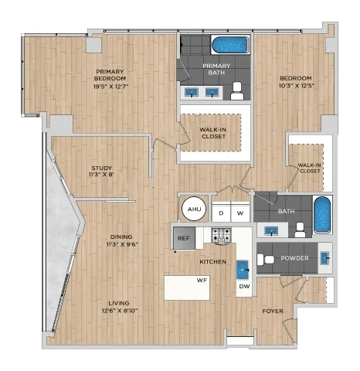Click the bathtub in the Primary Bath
pyautogui.click(x=230, y=45)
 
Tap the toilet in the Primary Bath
pyautogui.click(x=237, y=91)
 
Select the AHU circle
pyautogui.click(x=195, y=209)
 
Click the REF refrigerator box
pyautogui.click(x=184, y=238)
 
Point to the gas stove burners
pyautogui.click(x=221, y=235)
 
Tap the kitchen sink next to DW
pyautogui.click(x=243, y=270)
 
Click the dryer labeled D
pyautogui.click(x=221, y=213)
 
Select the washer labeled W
pyautogui.click(x=240, y=213)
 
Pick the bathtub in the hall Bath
pyautogui.click(x=322, y=215)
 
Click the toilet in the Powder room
pyautogui.click(x=266, y=259)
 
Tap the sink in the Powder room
pyautogui.click(x=325, y=258)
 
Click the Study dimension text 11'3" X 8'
pyautogui.click(x=101, y=175)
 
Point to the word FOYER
pyautogui.click(x=273, y=311)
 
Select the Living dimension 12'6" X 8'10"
pyautogui.click(x=120, y=311)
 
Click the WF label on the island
pyautogui.click(x=202, y=280)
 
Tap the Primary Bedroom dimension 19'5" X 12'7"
pyautogui.click(x=110, y=87)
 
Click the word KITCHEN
pyautogui.click(x=213, y=262)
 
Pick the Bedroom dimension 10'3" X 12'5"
pyautogui.click(x=296, y=86)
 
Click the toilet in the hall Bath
pyautogui.click(x=300, y=230)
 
